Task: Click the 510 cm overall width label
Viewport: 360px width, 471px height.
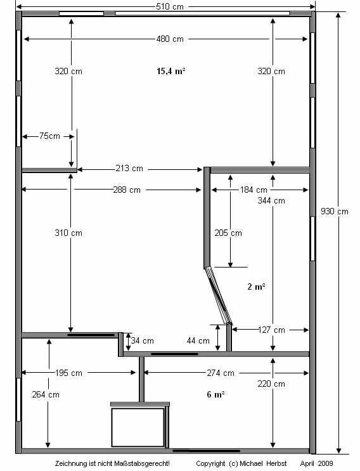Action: pyautogui.click(x=170, y=6)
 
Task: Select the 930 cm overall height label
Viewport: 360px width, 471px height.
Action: pyautogui.click(x=334, y=211)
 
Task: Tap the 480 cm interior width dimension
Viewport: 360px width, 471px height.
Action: pyautogui.click(x=170, y=39)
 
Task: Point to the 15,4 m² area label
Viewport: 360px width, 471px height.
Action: pyautogui.click(x=171, y=71)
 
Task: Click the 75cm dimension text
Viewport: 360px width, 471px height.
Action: pyautogui.click(x=49, y=136)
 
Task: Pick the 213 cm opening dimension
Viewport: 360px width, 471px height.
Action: pyautogui.click(x=129, y=168)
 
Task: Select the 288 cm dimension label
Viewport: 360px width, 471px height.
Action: pyautogui.click(x=127, y=190)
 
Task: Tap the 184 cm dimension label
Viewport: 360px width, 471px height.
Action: pyautogui.click(x=254, y=190)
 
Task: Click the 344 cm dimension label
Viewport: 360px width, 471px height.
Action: pyautogui.click(x=271, y=201)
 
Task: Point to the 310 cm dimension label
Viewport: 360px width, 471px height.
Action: pyautogui.click(x=68, y=233)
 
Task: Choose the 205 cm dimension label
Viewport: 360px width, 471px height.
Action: pyautogui.click(x=228, y=233)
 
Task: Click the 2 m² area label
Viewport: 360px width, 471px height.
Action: pyautogui.click(x=256, y=287)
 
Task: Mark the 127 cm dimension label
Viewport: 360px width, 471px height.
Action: pyautogui.click(x=271, y=330)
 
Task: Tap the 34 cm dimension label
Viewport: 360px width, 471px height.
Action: pyautogui.click(x=142, y=340)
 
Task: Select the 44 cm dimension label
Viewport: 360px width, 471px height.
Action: pyautogui.click(x=198, y=340)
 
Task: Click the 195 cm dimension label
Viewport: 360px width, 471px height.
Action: pyautogui.click(x=68, y=373)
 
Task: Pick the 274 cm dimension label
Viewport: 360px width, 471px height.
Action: pyautogui.click(x=221, y=373)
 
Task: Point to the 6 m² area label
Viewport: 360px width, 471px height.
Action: pyautogui.click(x=215, y=394)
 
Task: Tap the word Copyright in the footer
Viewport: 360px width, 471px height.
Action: pyautogui.click(x=210, y=463)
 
